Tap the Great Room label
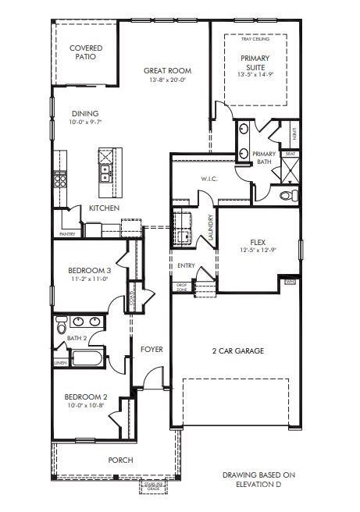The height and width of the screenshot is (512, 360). [167, 71]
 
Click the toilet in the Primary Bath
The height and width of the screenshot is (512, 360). [286, 194]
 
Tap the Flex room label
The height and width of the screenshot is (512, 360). [258, 242]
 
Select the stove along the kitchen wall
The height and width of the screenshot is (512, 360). [60, 180]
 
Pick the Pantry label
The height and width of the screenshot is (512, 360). [67, 233]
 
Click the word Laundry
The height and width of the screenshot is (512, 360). [210, 226]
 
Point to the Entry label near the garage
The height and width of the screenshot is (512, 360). [186, 265]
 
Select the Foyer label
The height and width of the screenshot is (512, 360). [151, 349]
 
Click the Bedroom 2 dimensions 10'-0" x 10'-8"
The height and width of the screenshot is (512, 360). [85, 406]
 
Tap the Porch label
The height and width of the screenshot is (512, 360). [119, 460]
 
